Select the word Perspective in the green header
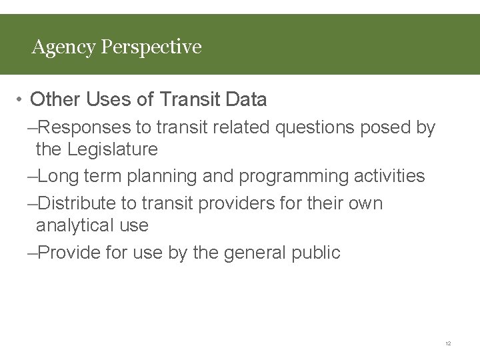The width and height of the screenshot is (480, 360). (151, 47)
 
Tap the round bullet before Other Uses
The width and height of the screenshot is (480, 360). (21, 101)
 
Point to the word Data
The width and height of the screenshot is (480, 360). (246, 100)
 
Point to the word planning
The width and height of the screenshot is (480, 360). (157, 177)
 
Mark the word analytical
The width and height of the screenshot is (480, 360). (75, 225)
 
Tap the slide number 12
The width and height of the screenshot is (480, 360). (448, 343)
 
